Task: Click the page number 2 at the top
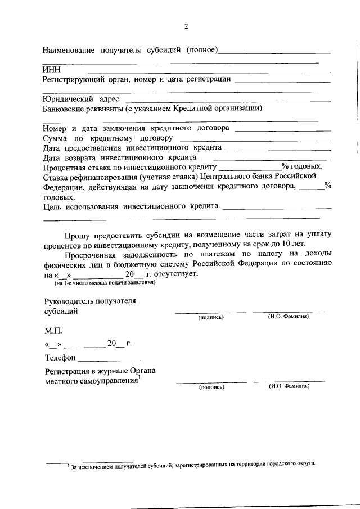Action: coord(186,26)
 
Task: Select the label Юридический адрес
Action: coord(81,99)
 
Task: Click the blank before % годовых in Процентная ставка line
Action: coord(250,167)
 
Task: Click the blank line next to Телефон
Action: coord(109,358)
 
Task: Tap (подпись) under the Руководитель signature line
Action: coord(211,317)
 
